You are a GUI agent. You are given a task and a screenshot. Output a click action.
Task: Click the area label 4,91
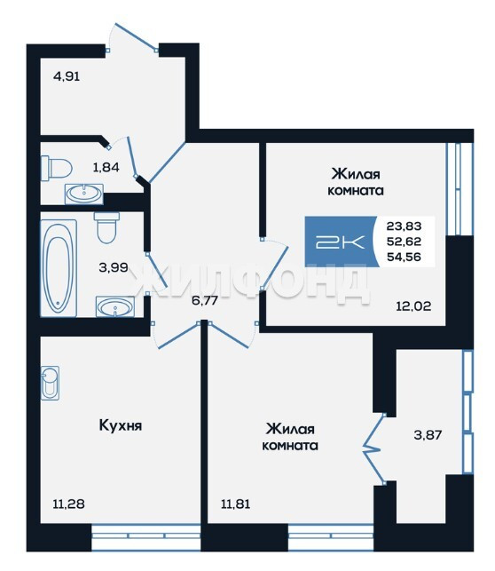67,77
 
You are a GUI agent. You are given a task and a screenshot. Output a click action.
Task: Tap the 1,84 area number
106,168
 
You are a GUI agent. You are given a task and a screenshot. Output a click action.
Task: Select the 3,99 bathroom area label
114,267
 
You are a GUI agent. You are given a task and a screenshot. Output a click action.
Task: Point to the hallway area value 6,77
206,300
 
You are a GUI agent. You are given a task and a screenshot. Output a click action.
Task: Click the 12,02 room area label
413,305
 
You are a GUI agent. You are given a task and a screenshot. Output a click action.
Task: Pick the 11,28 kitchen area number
68,504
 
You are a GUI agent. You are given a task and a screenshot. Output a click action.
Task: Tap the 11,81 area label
236,504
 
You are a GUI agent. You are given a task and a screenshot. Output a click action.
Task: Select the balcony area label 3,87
428,435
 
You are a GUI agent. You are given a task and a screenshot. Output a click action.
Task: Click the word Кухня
121,425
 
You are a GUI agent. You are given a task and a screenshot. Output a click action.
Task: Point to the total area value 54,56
405,258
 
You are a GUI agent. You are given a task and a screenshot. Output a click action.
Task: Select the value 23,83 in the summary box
405,226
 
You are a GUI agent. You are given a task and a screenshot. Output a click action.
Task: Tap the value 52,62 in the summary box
405,242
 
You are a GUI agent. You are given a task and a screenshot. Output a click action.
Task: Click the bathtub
59,268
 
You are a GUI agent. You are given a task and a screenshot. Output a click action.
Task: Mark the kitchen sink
50,383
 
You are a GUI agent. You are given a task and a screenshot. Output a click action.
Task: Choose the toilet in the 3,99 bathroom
106,227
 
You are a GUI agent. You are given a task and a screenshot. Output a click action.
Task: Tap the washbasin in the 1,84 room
84,194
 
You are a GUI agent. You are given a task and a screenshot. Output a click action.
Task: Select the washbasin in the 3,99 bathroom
115,306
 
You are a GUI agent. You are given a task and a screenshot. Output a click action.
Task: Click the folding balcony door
374,448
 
